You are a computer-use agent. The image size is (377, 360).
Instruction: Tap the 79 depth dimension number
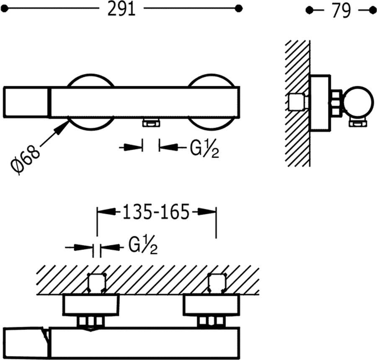click(x=341, y=11)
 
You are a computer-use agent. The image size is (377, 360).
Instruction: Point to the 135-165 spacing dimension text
click(x=156, y=212)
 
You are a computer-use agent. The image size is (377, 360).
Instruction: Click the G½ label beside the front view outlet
click(x=204, y=149)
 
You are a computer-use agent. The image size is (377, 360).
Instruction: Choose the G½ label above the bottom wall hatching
click(x=143, y=245)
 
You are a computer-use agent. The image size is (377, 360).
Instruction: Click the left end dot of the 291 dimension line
click(x=4, y=9)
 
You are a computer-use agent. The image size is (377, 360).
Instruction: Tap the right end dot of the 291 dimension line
click(x=238, y=9)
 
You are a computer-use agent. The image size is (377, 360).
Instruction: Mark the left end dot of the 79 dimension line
click(x=309, y=10)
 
